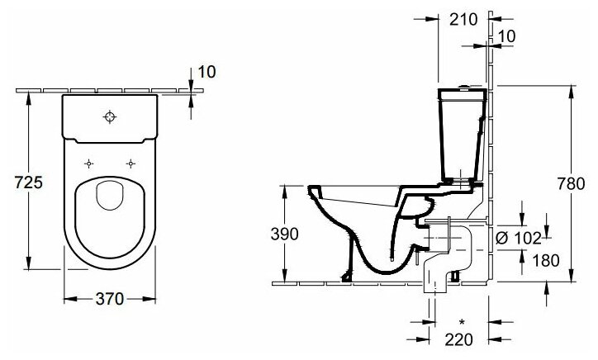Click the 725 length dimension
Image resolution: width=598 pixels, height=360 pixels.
28,182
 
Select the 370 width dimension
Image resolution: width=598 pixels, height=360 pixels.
110,299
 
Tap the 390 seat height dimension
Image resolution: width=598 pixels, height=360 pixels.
284,234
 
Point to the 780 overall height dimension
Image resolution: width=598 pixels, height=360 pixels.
571,184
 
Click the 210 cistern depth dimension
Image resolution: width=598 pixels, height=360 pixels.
463,19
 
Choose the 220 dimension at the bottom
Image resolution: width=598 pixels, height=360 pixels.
459,340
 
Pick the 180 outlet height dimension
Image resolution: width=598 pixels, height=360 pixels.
546,261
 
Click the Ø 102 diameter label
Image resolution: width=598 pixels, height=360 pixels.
518,239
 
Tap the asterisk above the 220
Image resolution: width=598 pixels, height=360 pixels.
462,323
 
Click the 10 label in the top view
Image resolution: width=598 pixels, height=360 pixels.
207,72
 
